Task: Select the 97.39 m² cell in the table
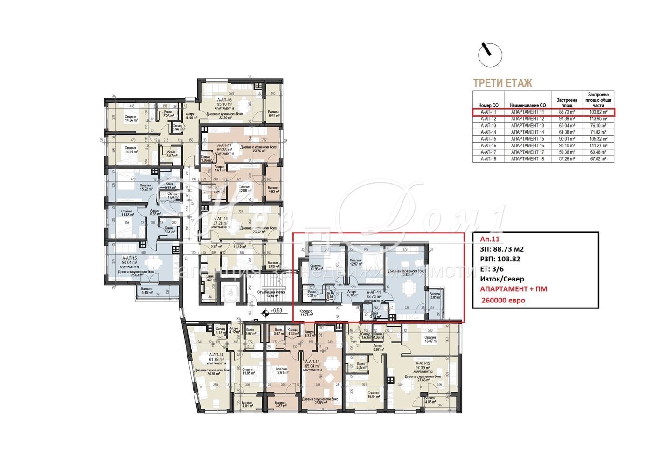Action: tap(566, 119)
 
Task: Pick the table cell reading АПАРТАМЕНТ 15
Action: tap(527, 139)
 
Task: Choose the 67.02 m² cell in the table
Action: tap(597, 159)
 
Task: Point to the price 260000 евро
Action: tap(506, 300)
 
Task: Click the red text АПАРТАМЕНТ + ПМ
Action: tap(513, 289)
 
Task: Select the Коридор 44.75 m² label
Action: tap(306, 313)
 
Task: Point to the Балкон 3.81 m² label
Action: tap(435, 295)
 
